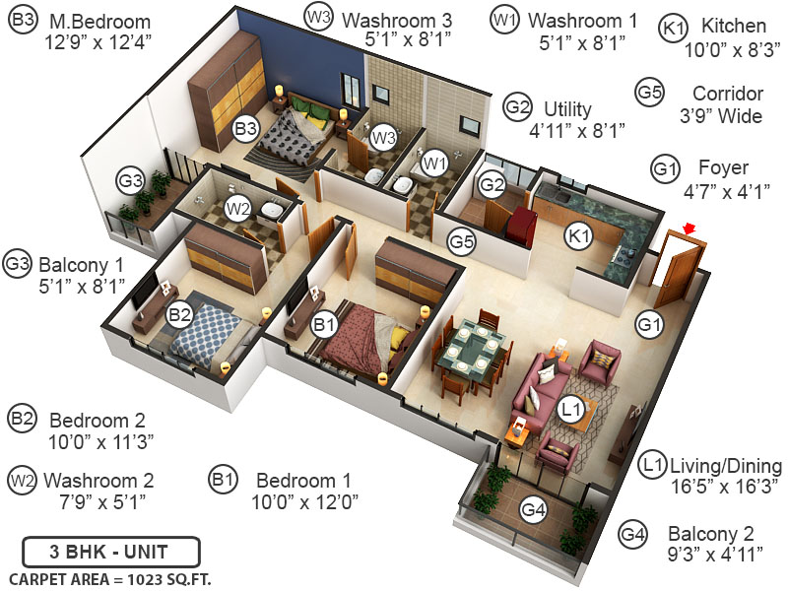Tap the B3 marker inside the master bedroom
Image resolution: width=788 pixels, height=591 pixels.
click(x=245, y=127)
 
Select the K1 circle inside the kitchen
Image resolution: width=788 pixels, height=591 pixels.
click(x=579, y=234)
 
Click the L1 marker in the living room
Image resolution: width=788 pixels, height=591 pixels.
click(x=572, y=405)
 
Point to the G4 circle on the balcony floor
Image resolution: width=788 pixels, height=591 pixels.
click(x=533, y=509)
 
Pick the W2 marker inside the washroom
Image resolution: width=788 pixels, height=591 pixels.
click(x=237, y=208)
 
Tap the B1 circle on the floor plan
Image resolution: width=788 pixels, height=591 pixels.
click(x=324, y=323)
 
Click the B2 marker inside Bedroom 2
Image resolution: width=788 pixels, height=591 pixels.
click(x=179, y=315)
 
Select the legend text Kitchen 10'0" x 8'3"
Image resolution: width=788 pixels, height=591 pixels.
click(x=724, y=36)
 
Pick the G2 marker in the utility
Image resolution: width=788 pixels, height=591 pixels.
click(x=492, y=184)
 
